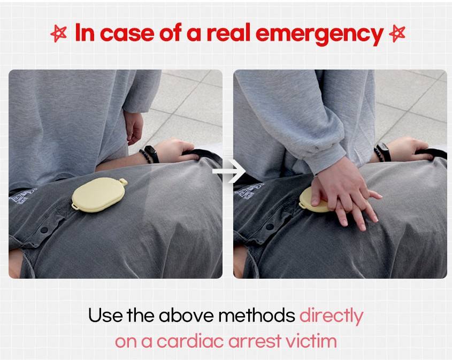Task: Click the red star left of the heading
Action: point(59,34)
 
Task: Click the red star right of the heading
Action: point(397,34)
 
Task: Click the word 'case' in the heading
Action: point(127,34)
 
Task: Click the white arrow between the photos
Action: point(229,171)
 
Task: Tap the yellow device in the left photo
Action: point(99,195)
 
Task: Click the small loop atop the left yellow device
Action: point(124,181)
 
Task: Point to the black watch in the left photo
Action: point(151,154)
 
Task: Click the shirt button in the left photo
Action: point(44,229)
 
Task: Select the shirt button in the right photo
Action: point(270,227)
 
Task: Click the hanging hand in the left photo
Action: point(134,127)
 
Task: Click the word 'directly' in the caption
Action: point(331,317)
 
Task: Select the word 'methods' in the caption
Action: point(257,315)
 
